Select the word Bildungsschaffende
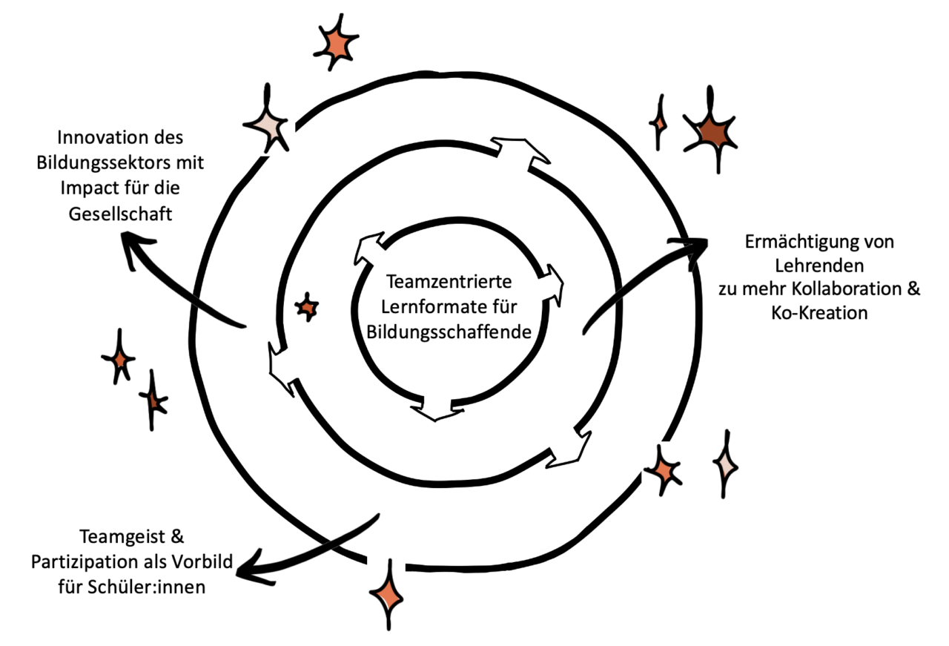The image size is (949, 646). tap(449, 332)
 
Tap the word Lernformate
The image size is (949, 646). tap(424, 307)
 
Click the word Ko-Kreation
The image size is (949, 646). tap(819, 313)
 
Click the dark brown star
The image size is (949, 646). tap(710, 133)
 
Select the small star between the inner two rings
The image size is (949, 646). tap(306, 306)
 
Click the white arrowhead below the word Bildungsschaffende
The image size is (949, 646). tap(436, 409)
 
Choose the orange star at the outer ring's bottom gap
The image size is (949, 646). tap(386, 594)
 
